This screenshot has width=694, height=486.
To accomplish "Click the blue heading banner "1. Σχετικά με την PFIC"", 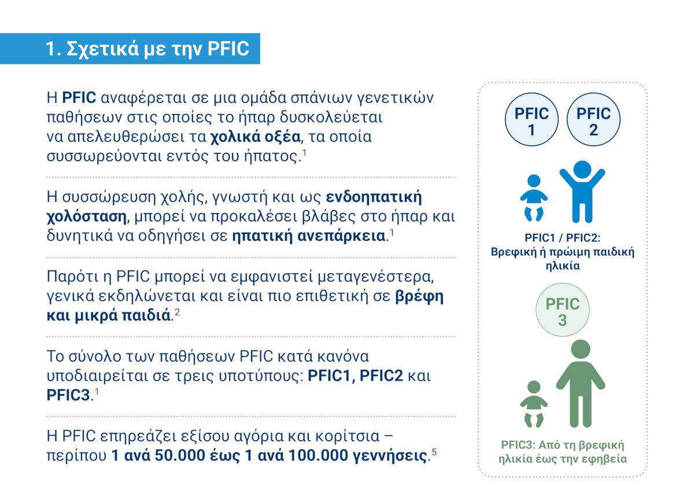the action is point(130,49).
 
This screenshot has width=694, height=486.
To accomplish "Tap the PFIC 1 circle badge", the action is point(531,119).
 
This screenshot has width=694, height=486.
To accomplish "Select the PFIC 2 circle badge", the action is point(593,119).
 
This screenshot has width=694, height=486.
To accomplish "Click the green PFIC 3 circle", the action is point(563,310).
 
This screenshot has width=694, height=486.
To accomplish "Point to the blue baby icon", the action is point(533,198).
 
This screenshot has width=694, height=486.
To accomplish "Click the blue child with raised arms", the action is point(582,192).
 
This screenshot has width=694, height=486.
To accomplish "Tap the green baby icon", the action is point(533,404).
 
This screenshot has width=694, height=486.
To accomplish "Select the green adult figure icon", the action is point(580,384).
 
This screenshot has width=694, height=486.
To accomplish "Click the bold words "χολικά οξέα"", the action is point(255,137).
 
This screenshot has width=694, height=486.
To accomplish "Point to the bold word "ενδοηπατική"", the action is point(374,197).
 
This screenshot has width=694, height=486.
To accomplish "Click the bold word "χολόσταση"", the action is point(86,216).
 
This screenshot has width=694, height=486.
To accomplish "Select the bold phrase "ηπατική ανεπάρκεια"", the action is point(309,236).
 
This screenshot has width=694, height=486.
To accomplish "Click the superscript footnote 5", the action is point(434,452).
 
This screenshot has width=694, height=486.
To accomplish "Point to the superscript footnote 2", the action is point(177,312).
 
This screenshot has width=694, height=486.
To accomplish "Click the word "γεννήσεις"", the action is point(390,456).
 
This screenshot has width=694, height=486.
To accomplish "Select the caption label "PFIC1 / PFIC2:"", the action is point(562,238).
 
